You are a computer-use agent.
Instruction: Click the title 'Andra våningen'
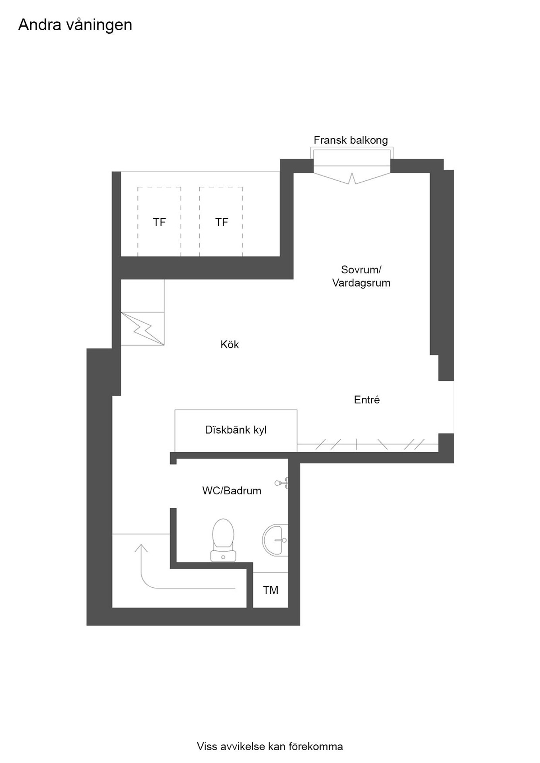(75, 25)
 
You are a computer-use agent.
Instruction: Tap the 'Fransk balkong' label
(351, 140)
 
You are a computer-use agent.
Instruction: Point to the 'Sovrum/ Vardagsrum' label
(361, 276)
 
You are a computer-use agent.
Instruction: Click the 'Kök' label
(230, 344)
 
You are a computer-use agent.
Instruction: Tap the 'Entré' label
(367, 399)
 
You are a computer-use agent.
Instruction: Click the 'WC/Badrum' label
(232, 491)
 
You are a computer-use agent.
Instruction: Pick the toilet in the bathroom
(223, 540)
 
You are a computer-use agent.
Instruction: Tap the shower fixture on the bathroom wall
(281, 483)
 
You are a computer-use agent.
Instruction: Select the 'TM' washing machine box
(271, 590)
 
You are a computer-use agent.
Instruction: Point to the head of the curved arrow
(141, 545)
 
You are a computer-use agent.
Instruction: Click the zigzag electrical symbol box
(142, 329)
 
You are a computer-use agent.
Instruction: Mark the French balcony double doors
(352, 178)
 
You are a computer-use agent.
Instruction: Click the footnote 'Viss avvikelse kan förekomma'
(270, 746)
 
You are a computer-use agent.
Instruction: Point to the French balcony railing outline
(352, 148)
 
